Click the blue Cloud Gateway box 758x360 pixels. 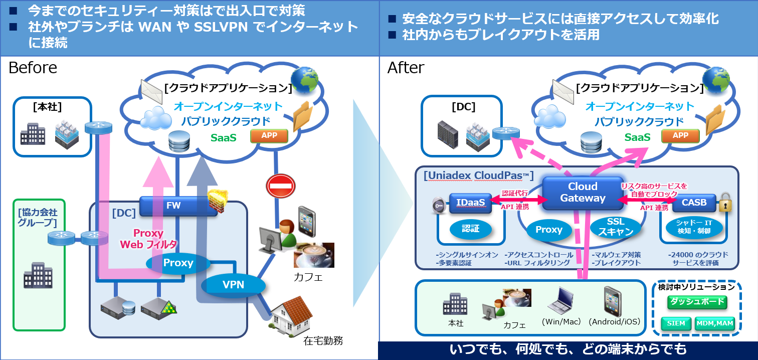(583, 193)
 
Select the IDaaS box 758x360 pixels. (470, 202)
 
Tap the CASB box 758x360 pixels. (694, 203)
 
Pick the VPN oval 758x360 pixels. (233, 285)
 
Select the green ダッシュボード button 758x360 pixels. (697, 301)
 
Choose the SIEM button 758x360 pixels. (676, 323)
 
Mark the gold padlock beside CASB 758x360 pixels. (725, 204)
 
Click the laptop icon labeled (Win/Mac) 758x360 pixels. (560, 300)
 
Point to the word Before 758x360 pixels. (33, 68)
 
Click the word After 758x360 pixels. (406, 68)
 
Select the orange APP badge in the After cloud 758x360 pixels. (680, 135)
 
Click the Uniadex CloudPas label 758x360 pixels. (478, 176)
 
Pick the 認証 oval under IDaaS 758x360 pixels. (470, 229)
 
